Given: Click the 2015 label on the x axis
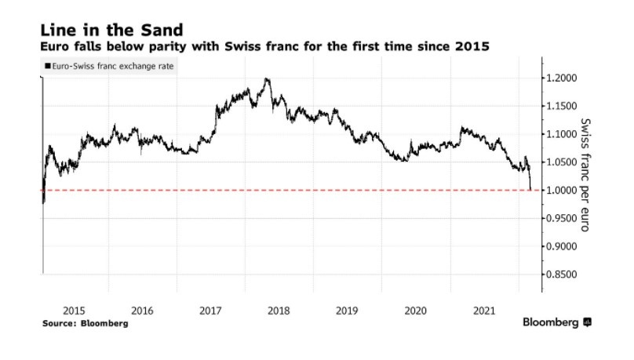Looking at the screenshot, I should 75,311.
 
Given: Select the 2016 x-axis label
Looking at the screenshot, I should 142,311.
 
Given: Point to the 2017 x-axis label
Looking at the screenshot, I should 210,311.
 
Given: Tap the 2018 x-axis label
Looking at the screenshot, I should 279,311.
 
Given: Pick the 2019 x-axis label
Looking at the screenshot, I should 347,311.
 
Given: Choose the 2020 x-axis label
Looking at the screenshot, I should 415,311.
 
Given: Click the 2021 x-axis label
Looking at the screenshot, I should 483,311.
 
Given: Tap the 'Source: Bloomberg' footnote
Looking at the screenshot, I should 85,323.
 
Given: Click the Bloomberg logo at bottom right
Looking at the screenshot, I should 558,322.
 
